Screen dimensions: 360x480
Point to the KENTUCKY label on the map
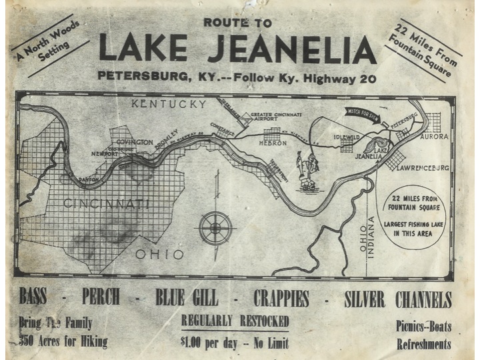(x=169, y=105)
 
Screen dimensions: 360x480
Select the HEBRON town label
(x=273, y=143)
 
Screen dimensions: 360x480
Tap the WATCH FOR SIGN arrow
(x=363, y=113)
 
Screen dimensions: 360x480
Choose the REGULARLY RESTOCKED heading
(x=235, y=321)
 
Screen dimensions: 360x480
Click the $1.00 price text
(x=194, y=341)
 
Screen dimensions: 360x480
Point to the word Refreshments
(x=424, y=345)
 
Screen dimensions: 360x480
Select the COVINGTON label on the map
(x=135, y=142)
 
